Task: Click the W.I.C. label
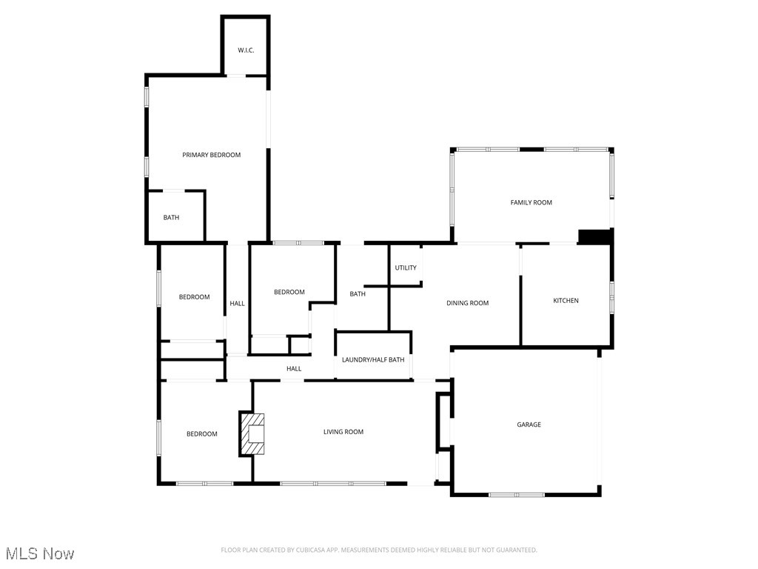(246, 50)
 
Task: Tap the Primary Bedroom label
(212, 155)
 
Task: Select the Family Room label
(531, 202)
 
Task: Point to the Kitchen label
(566, 301)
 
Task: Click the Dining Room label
(468, 303)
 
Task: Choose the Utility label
(406, 267)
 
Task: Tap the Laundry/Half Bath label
(373, 360)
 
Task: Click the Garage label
(529, 425)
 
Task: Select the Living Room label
(343, 432)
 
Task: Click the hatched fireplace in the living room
(252, 433)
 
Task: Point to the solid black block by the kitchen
(594, 236)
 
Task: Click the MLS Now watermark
(40, 553)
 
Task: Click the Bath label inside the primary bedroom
(171, 218)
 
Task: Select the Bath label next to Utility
(358, 294)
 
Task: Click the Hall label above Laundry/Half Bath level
(237, 303)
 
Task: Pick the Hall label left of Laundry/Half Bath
(294, 369)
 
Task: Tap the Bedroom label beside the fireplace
(201, 434)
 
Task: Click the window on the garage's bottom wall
(517, 494)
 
